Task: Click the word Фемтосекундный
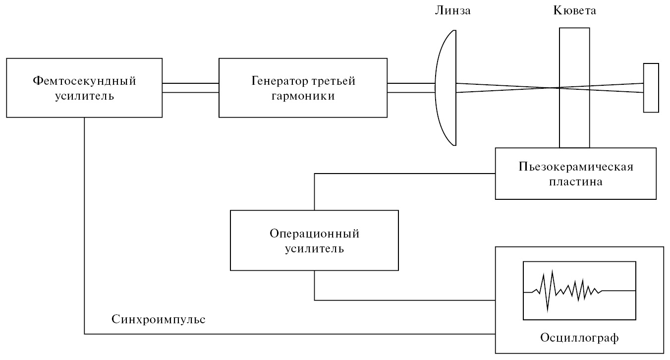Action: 85,81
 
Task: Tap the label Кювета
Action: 574,10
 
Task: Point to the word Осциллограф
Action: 579,338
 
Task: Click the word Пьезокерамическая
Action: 575,166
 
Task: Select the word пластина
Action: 575,181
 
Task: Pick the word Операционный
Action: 315,233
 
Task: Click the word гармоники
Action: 303,96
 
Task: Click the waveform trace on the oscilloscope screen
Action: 579,291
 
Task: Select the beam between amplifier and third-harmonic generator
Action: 191,88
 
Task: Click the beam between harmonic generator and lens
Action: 411,88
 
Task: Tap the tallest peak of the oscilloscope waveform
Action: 553,271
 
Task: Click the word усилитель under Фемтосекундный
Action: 85,96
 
